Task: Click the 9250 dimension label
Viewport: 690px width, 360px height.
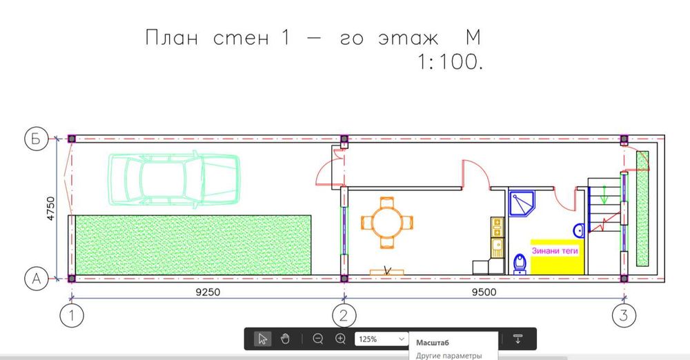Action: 208,292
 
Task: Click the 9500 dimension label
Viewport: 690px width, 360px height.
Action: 484,292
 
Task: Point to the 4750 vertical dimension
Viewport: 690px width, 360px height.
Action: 51,208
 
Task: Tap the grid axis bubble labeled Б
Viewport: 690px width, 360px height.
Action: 36,139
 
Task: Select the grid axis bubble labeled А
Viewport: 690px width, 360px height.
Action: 36,279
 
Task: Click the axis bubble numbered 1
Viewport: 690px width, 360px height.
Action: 71,316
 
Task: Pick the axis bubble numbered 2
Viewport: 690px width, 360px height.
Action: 344,316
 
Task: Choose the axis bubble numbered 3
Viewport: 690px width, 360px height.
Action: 624,316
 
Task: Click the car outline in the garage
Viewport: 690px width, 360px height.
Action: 175,178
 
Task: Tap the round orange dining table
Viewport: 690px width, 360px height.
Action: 386,222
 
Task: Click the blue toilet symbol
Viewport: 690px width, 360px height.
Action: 520,264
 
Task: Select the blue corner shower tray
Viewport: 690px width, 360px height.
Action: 522,203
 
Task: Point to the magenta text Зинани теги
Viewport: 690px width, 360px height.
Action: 555,251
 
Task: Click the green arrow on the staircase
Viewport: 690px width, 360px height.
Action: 604,194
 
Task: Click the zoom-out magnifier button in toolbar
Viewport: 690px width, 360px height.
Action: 317,339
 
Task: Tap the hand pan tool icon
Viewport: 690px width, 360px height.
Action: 285,339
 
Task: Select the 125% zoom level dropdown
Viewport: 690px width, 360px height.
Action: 381,339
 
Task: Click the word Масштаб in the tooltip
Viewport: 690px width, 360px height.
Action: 433,342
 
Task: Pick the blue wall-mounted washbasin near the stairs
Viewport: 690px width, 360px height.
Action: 578,230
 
